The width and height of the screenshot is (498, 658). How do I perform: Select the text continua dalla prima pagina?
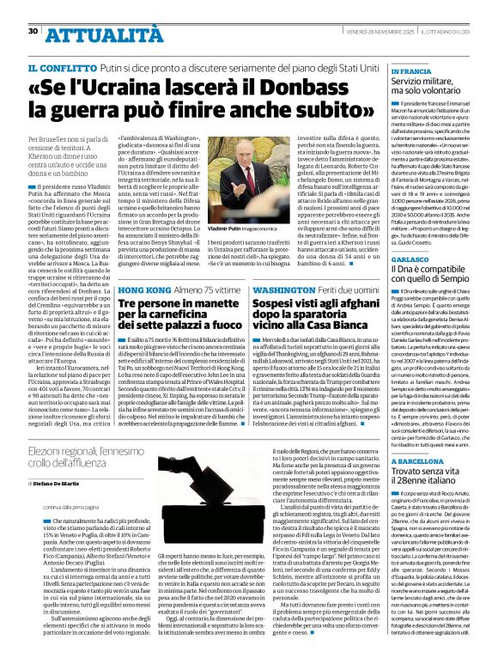(65, 508)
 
